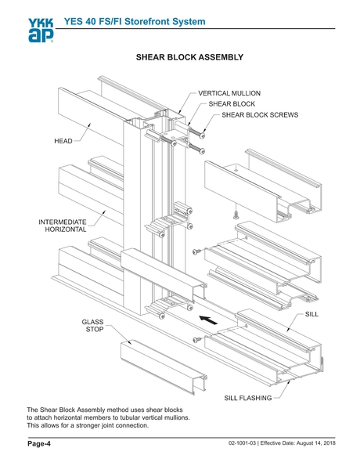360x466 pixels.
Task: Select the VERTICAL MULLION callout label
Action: (229, 92)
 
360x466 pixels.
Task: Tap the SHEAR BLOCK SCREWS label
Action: (260, 114)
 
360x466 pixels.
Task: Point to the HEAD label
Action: (63, 142)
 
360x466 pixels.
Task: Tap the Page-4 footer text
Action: (39, 445)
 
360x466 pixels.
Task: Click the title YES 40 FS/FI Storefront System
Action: (142, 20)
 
